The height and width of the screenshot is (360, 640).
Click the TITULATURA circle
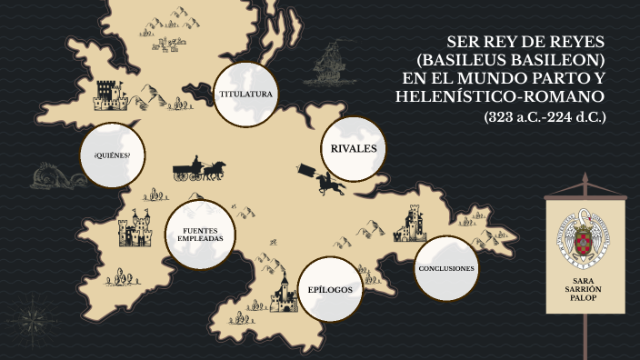(246, 95)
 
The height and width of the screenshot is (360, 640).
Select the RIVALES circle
(354, 149)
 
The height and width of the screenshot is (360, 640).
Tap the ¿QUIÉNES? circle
(112, 155)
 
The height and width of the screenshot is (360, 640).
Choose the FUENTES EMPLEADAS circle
(202, 235)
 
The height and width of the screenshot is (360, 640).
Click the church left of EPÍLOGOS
(284, 296)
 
